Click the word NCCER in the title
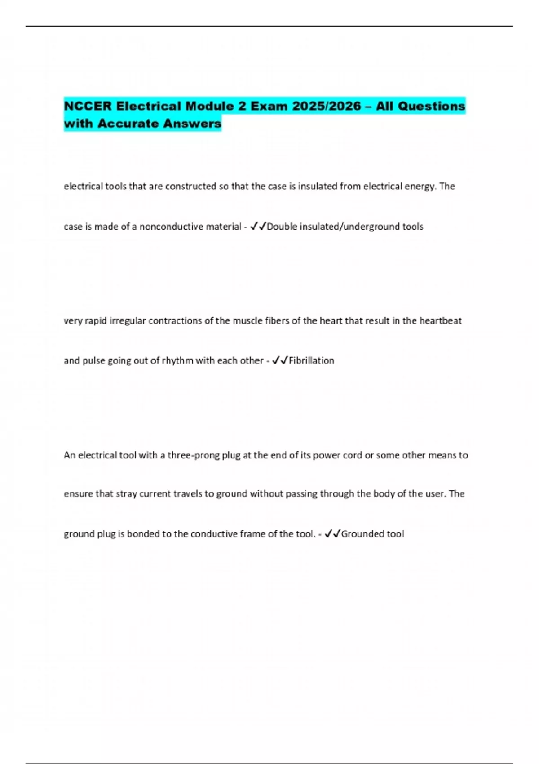coord(88,107)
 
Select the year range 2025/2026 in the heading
coord(327,107)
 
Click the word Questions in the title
coord(432,107)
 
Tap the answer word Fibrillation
coord(311,360)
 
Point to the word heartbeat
coord(440,321)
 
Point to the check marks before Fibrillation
coord(280,360)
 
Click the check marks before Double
coord(258,227)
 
